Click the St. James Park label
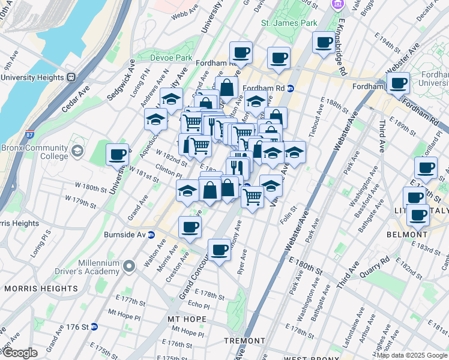[x=289, y=23]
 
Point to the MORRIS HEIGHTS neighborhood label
[x=41, y=289]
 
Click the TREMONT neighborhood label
[x=244, y=341]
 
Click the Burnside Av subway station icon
[x=152, y=235]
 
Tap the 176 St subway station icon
[x=103, y=327]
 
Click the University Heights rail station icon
[x=71, y=77]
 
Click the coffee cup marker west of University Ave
[x=117, y=155]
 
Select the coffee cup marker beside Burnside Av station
[x=190, y=227]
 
